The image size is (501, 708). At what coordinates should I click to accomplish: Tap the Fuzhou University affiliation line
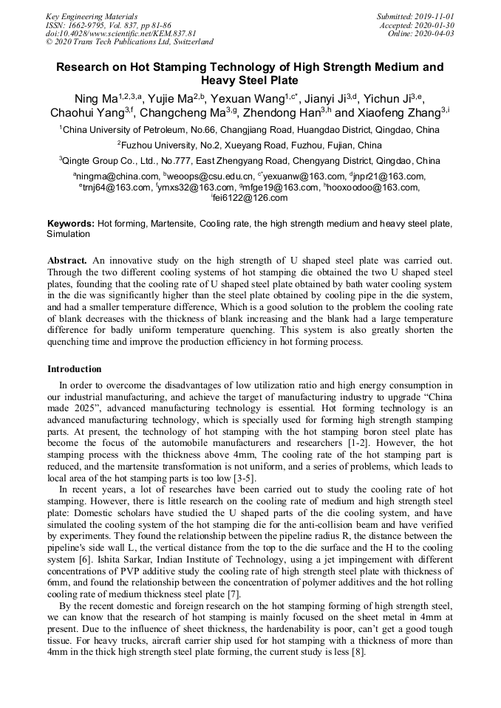[250, 145]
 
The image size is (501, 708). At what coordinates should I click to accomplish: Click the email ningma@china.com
[117, 176]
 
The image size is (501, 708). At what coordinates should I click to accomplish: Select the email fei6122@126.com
[251, 198]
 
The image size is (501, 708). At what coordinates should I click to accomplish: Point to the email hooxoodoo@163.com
[373, 188]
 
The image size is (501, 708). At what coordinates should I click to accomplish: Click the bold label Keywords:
[71, 223]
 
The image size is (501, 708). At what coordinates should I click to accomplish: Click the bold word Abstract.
[67, 261]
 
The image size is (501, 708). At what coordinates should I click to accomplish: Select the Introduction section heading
[75, 368]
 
